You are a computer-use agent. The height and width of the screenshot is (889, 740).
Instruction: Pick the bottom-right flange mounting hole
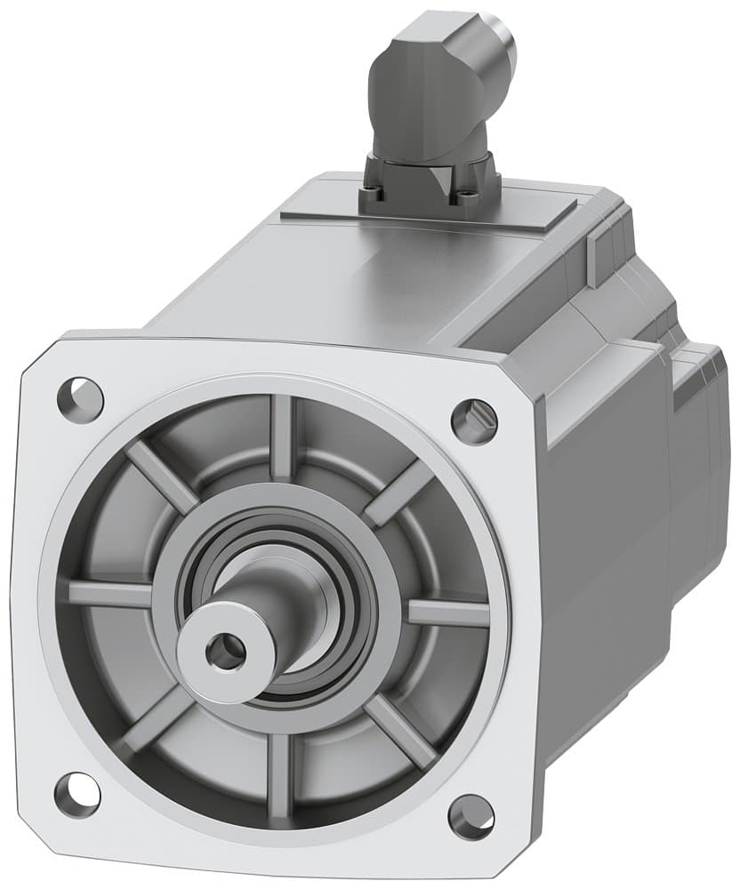pyautogui.click(x=471, y=813)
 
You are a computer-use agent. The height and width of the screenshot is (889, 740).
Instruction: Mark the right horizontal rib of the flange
pyautogui.click(x=449, y=613)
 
